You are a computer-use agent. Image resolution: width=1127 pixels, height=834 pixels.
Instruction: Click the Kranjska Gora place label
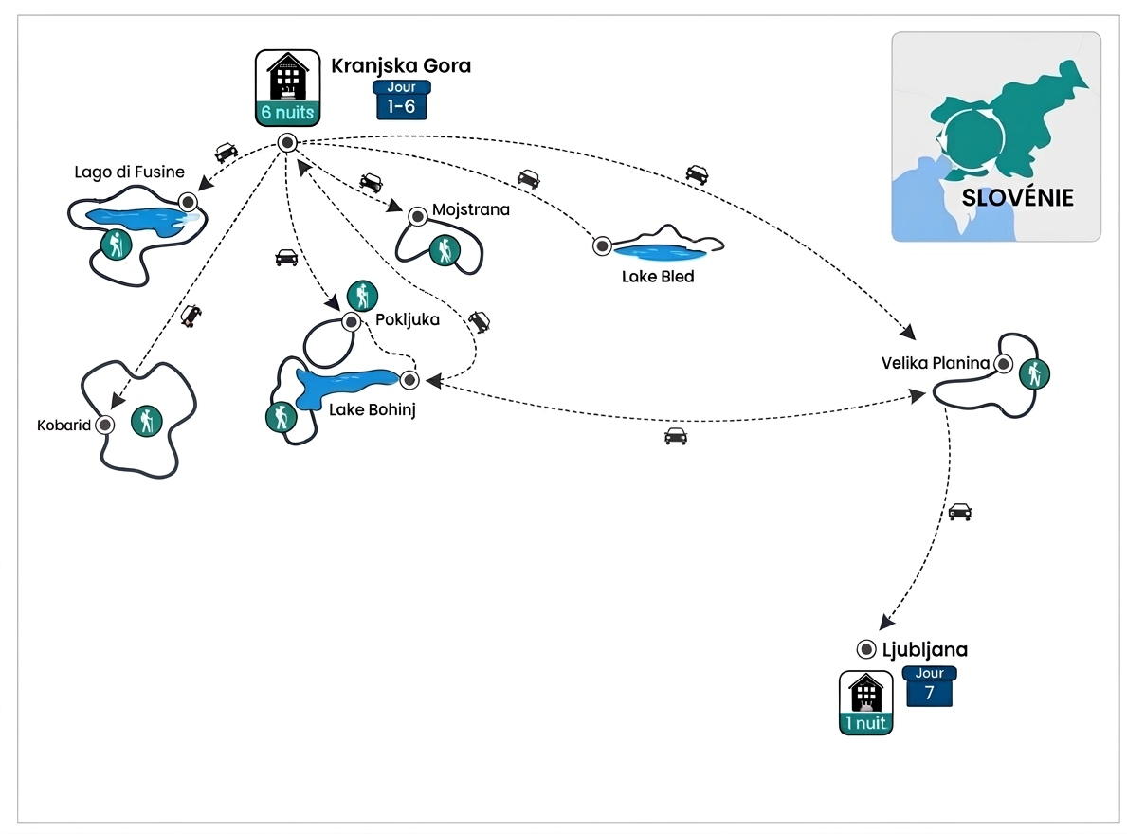click(401, 66)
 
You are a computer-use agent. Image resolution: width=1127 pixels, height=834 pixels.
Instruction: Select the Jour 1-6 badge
click(402, 100)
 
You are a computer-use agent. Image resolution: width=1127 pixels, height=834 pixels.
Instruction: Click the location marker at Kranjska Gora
click(286, 142)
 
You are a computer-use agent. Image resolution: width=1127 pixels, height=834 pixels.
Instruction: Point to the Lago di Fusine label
click(129, 172)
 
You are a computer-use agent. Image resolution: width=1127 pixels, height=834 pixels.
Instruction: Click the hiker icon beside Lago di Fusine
click(116, 245)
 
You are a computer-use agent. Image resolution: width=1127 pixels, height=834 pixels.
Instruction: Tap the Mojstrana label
click(470, 209)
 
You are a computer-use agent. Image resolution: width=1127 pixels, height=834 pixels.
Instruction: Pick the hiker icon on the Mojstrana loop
click(443, 250)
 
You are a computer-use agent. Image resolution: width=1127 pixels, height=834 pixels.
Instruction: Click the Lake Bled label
click(658, 277)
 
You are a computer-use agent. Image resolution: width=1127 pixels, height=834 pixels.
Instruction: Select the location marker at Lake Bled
click(602, 245)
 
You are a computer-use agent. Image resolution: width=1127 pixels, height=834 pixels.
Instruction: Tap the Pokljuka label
click(408, 319)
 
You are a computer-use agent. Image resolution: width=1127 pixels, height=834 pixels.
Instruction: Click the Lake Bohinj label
click(372, 409)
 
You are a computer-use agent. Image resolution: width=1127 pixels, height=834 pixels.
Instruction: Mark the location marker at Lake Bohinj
click(409, 380)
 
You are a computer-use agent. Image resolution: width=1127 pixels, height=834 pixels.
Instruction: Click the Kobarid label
click(64, 425)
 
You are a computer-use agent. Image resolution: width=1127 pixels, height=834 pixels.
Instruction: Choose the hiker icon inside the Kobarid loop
click(146, 421)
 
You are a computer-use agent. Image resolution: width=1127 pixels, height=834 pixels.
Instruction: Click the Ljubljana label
click(925, 650)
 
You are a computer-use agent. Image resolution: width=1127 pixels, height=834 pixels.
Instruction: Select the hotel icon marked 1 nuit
click(865, 703)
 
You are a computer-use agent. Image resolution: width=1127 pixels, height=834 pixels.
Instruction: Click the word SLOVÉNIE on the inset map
click(1017, 198)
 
